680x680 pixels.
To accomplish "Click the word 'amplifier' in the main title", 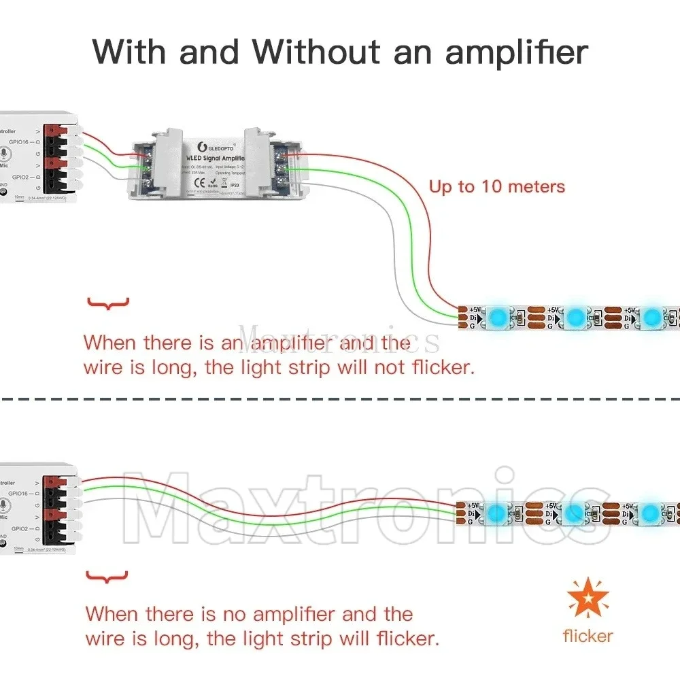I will (517, 52).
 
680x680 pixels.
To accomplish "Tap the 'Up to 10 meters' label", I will (496, 186).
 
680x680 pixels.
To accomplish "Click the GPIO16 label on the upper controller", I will (18, 142).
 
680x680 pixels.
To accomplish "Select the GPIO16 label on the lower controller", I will (18, 493).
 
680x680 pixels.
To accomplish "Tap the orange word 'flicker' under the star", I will (588, 636).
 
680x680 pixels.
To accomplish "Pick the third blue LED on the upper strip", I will (652, 316).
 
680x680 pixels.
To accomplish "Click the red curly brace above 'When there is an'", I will (107, 303).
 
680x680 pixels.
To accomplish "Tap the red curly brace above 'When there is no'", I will (107, 578).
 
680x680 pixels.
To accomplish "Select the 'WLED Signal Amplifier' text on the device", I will (218, 158).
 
